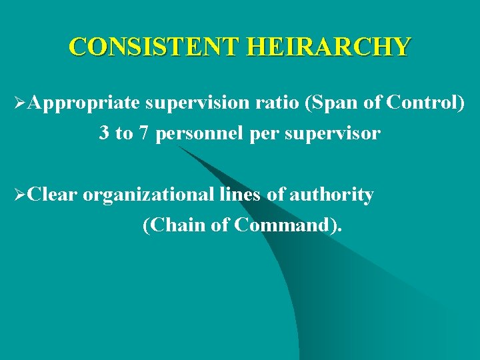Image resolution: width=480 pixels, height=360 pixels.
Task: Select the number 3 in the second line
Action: (x=104, y=133)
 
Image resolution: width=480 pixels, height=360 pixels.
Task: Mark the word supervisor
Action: (x=333, y=134)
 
